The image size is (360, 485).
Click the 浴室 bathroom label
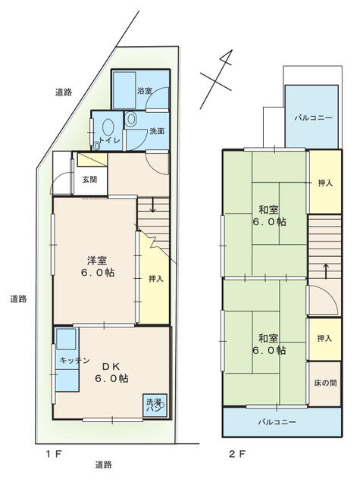(x=145, y=91)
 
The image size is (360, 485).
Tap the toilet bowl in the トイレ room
(x=108, y=127)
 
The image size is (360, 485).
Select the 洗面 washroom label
(x=157, y=131)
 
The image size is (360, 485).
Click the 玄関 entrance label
(x=89, y=179)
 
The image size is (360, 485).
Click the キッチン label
(x=74, y=360)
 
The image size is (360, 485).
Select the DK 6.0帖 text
(x=111, y=372)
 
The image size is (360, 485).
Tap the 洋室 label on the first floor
(x=97, y=261)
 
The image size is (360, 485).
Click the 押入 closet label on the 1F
(x=155, y=279)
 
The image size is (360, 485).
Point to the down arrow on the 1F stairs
(x=152, y=205)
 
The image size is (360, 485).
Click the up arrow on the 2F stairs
(x=326, y=271)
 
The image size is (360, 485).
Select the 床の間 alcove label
(x=325, y=383)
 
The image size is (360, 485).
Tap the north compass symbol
(x=217, y=79)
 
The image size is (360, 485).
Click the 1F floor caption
(x=55, y=454)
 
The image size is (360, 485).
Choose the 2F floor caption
(x=237, y=454)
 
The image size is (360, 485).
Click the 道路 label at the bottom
(x=103, y=465)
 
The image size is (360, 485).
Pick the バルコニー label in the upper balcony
(x=313, y=118)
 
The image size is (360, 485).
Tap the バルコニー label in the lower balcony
(x=277, y=421)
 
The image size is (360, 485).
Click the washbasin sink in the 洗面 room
(x=131, y=119)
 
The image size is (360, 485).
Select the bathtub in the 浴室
(x=124, y=90)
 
